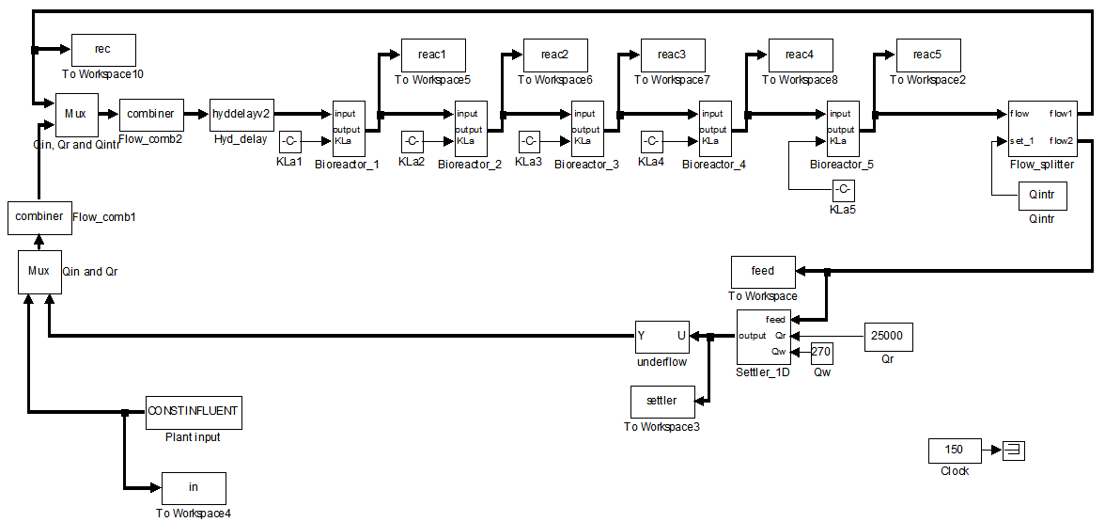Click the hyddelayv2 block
tap(241, 114)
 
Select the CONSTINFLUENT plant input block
tap(194, 411)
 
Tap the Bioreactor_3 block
tap(586, 129)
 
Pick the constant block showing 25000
tap(888, 336)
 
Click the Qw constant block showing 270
tap(822, 353)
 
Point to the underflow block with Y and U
tap(662, 336)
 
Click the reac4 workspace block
tap(800, 55)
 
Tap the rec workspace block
tap(103, 49)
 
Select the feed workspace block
tap(763, 272)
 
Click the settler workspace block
tap(661, 402)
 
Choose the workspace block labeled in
tap(194, 488)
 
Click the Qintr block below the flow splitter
tap(1043, 198)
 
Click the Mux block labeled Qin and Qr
tap(39, 272)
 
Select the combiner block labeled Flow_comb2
tap(151, 114)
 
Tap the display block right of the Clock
tap(1014, 451)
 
